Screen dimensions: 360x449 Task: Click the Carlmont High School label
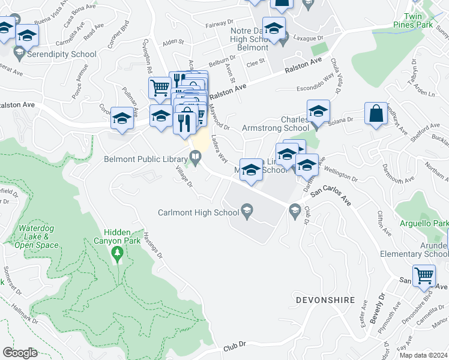pos(198,212)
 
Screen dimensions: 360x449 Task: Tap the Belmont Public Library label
pos(145,159)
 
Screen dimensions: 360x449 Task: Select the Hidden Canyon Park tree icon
pos(117,256)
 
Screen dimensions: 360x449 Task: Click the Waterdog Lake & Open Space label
pos(37,236)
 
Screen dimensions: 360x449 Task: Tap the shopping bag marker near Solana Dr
pos(376,115)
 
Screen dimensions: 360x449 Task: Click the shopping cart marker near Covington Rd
pos(160,88)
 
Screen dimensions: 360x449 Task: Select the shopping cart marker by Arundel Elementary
pos(424,276)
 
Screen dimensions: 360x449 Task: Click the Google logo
pos(20,353)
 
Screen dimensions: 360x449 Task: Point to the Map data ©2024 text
pos(423,355)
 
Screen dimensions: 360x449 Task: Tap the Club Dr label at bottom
pos(235,347)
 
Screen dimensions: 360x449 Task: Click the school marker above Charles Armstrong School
pos(318,111)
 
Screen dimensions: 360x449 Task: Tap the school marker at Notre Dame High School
pos(274,28)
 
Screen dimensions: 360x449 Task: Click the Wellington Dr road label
pos(340,176)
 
